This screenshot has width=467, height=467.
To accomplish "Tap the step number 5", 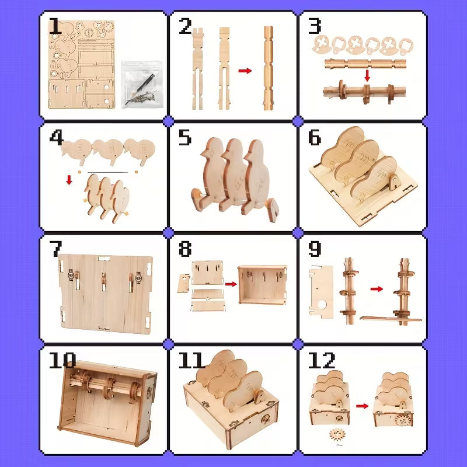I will [184, 138].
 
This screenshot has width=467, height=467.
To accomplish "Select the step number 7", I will [55, 249].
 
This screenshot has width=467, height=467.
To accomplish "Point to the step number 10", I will [62, 360].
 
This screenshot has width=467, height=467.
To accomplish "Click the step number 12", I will [321, 360].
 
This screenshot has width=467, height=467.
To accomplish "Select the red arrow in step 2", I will [245, 71].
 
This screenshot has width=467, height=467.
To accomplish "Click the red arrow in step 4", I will [69, 180].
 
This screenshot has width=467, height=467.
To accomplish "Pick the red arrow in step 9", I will [377, 288].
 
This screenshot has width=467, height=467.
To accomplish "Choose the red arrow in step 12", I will [363, 406].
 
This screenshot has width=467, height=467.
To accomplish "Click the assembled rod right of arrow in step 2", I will [268, 68].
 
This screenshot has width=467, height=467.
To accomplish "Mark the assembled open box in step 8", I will [263, 284].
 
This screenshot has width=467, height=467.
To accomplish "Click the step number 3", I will [315, 26].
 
